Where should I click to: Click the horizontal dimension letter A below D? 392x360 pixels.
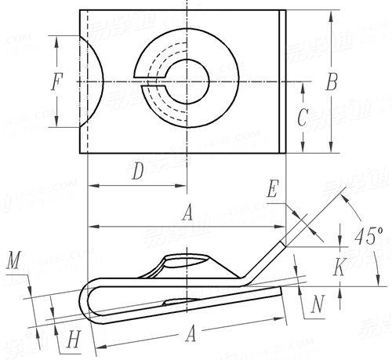point(186,213)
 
